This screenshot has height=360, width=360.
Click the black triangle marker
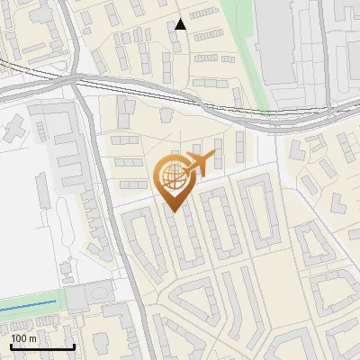(x=181, y=24)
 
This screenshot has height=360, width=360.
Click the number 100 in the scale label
(x=19, y=339)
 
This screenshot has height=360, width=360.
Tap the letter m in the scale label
(x=32, y=339)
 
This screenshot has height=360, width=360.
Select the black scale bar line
(x=42, y=346)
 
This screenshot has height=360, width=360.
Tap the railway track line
(x=162, y=89)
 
